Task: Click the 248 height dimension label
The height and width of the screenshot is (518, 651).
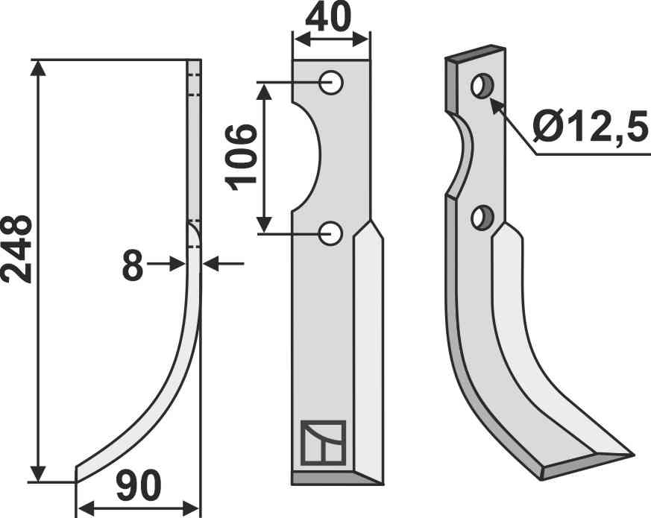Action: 16,249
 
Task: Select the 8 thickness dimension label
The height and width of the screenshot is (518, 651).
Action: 132,265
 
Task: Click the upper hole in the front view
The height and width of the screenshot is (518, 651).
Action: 331,82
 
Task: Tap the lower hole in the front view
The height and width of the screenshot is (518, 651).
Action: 331,233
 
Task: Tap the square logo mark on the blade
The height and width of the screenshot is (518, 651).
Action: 322,443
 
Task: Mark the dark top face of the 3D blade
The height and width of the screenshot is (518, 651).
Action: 475,54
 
